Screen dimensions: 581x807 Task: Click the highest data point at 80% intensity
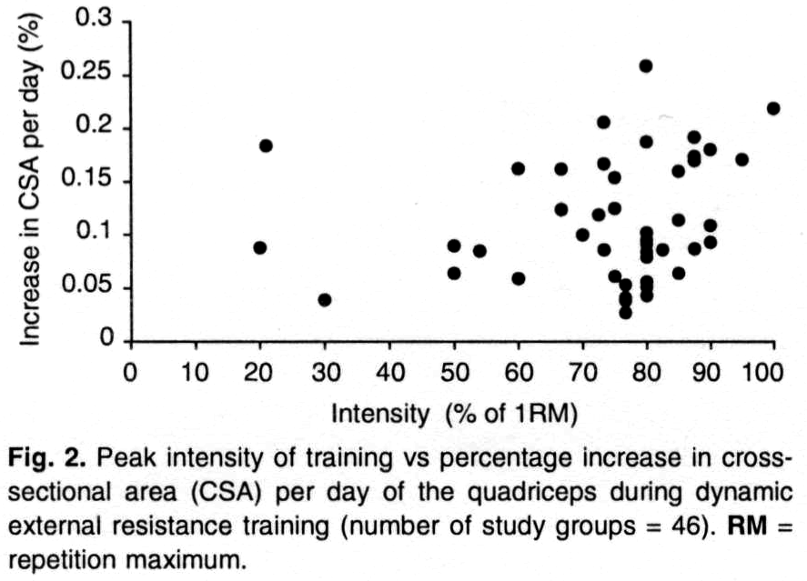tap(646, 65)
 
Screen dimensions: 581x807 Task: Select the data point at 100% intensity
tap(773, 108)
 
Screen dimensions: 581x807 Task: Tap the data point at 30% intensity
tap(325, 300)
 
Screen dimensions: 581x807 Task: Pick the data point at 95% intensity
tap(741, 159)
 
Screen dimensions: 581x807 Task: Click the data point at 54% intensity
tap(479, 251)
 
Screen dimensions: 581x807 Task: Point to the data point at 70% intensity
tap(582, 235)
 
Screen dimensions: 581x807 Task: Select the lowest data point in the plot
tap(625, 313)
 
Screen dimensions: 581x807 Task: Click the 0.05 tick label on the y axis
tap(86, 288)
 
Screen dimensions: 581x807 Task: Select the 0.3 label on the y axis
tap(93, 21)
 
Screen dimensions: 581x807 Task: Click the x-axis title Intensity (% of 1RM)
tap(455, 414)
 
